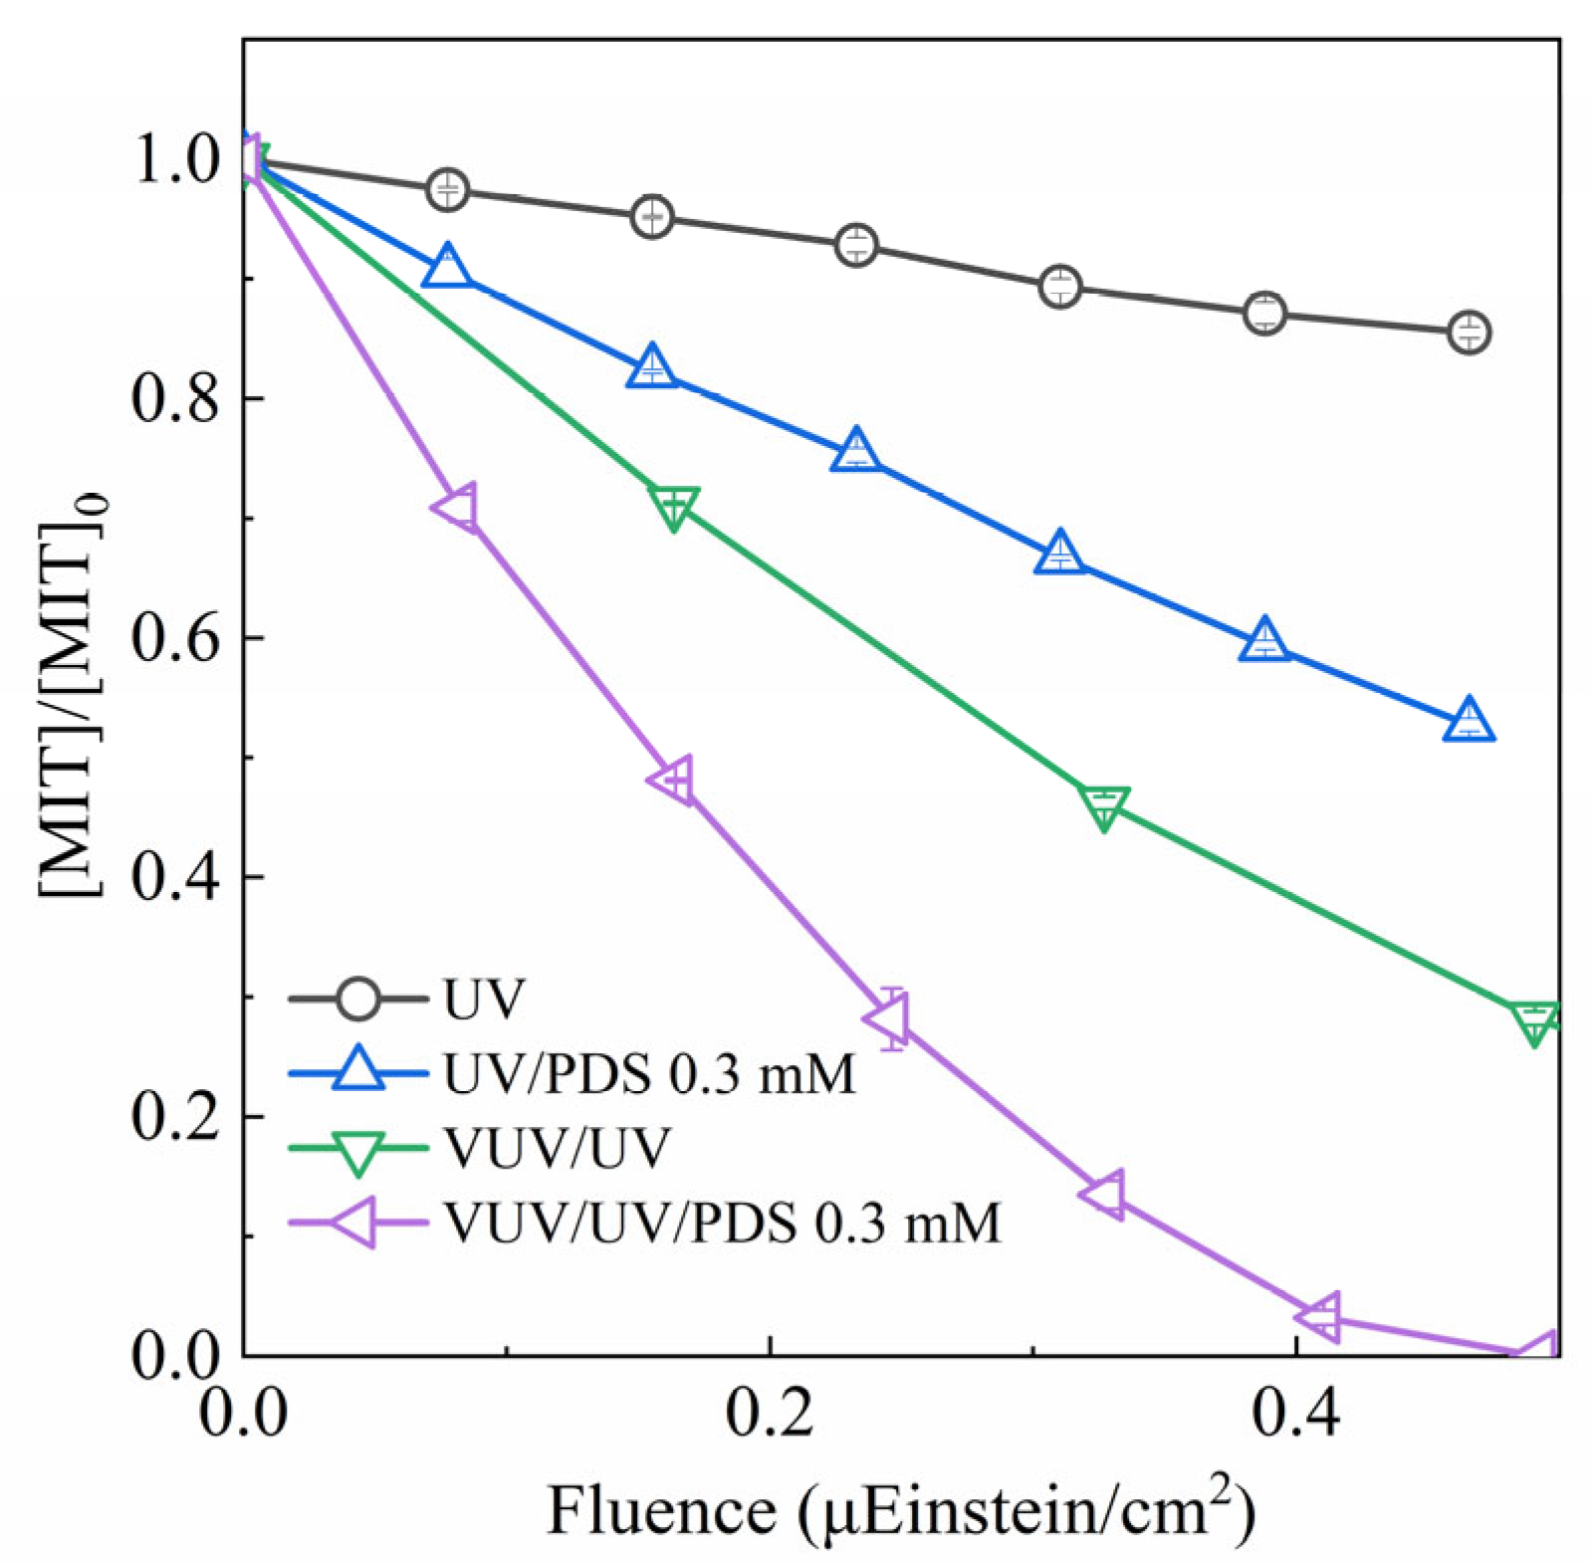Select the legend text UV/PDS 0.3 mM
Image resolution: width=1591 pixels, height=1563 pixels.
tap(645, 1074)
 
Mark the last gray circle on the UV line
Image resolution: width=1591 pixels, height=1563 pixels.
tap(1470, 332)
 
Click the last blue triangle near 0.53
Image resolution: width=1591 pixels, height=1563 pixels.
tap(1470, 721)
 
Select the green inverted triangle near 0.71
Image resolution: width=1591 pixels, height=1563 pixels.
tap(674, 506)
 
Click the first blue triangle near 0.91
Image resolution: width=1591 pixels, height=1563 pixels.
tap(448, 266)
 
